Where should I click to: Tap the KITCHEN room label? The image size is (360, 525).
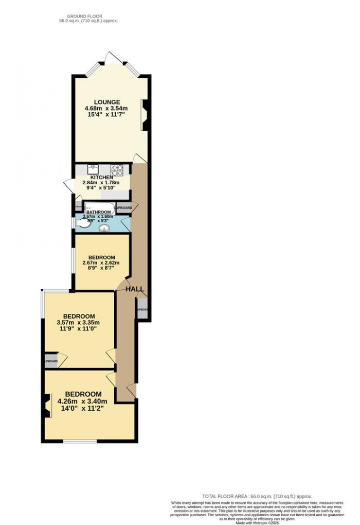102,177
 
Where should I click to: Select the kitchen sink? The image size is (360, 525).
93,169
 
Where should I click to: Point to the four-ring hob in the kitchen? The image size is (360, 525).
117,169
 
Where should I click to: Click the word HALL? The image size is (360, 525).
135,289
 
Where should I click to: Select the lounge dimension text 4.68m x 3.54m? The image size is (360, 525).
106,109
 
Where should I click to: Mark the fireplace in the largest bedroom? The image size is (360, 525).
48,405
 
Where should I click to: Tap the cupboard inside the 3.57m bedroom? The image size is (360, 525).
51,361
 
